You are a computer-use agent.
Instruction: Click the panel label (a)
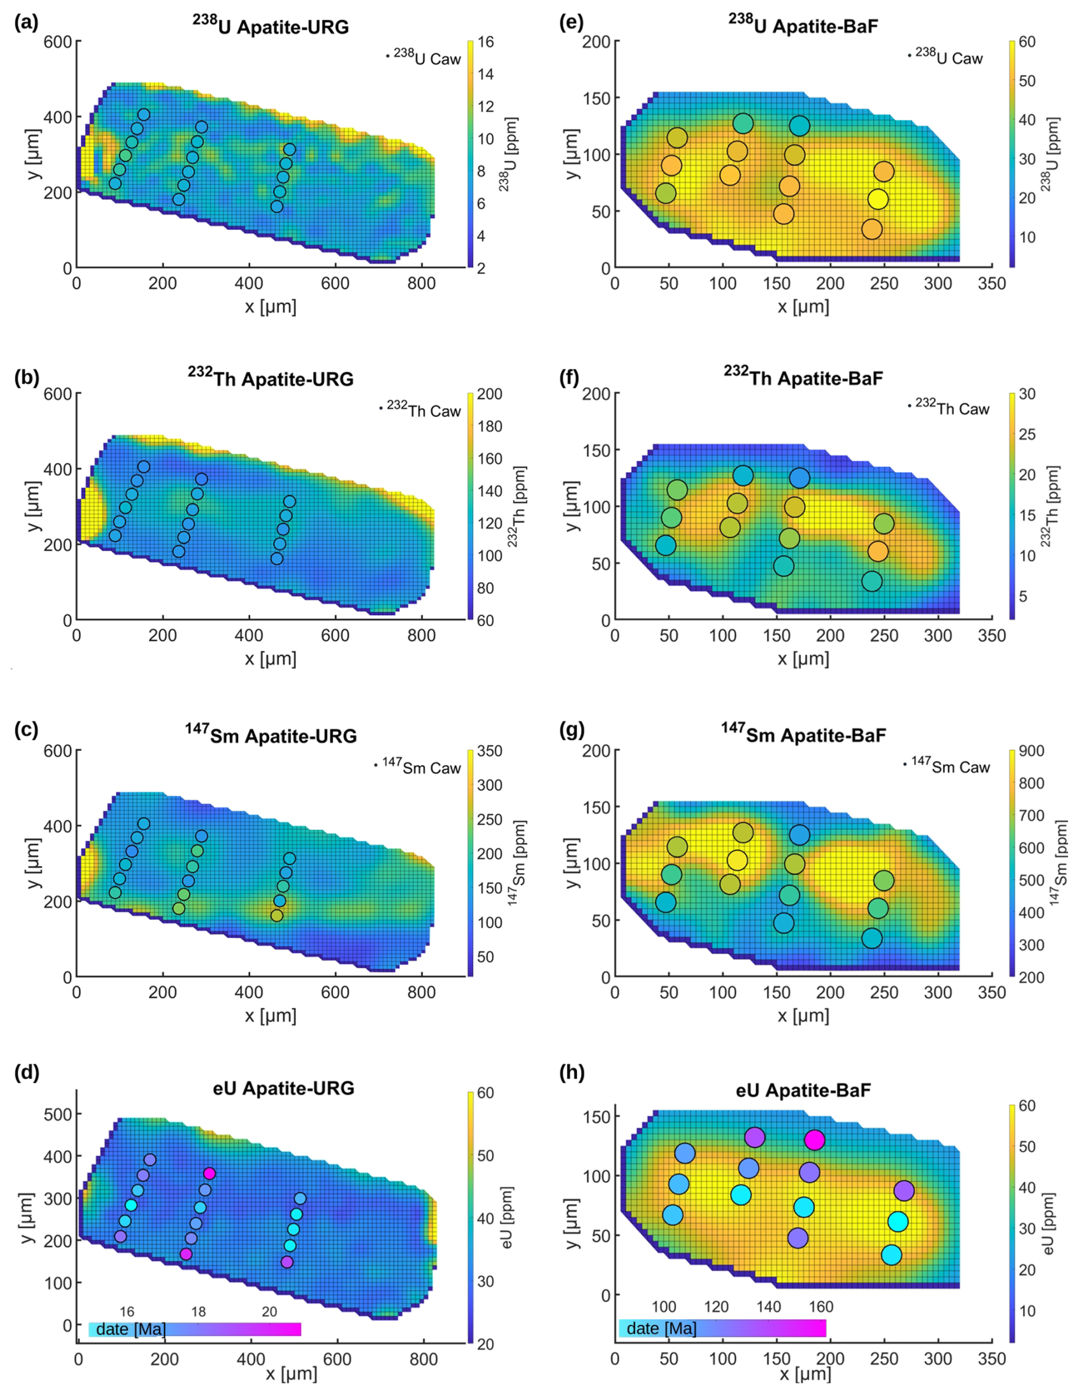tap(26, 23)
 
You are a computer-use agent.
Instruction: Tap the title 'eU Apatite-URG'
tap(283, 1088)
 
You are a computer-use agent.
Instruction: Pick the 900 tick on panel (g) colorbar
tap(1031, 750)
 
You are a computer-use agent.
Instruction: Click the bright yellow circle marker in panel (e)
tap(878, 200)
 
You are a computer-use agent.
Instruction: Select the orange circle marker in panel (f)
tap(878, 551)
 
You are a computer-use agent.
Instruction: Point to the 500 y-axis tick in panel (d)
tap(58, 1114)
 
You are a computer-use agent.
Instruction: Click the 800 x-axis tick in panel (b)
tap(421, 635)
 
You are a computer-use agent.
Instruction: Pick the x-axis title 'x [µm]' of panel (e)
tap(803, 306)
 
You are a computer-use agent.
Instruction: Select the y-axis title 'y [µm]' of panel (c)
tap(34, 864)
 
